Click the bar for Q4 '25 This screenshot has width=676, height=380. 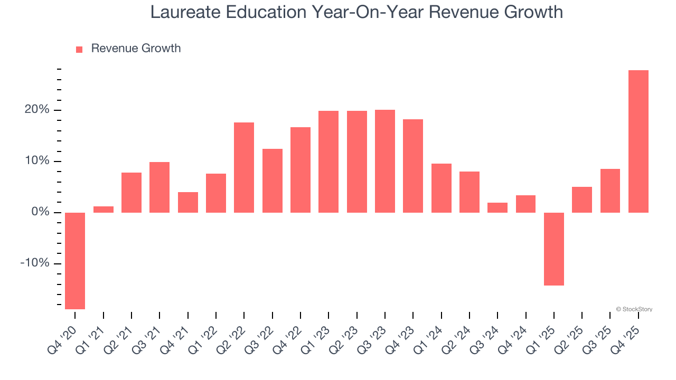pyautogui.click(x=638, y=141)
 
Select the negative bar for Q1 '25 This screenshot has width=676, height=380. pyautogui.click(x=553, y=249)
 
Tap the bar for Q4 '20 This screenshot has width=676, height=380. pyautogui.click(x=75, y=261)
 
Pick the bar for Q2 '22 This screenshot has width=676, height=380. pyautogui.click(x=244, y=167)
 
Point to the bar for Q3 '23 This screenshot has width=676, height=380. pyautogui.click(x=385, y=161)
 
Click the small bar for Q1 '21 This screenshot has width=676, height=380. pyautogui.click(x=104, y=210)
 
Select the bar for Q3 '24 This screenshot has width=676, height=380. pyautogui.click(x=497, y=207)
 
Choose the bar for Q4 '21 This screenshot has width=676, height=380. pyautogui.click(x=188, y=202)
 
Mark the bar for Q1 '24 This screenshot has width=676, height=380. pyautogui.click(x=441, y=188)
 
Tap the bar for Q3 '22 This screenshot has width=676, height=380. pyautogui.click(x=273, y=180)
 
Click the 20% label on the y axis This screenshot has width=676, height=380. pyautogui.click(x=36, y=110)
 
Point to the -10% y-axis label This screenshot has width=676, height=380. pyautogui.click(x=35, y=263)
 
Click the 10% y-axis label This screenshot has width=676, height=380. pyautogui.click(x=37, y=161)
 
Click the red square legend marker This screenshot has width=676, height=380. pyautogui.click(x=79, y=49)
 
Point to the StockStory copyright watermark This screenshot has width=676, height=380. pyautogui.click(x=634, y=309)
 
